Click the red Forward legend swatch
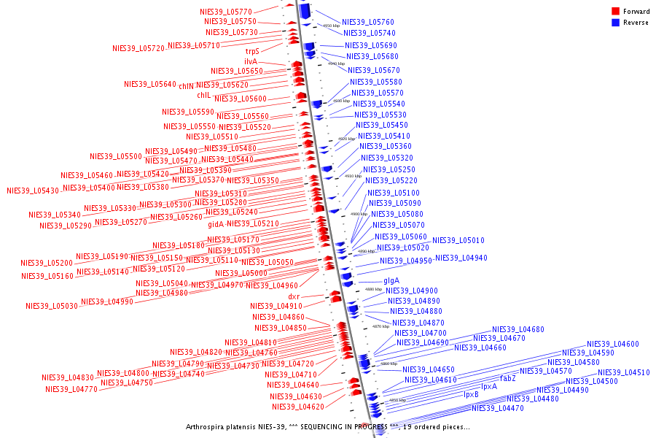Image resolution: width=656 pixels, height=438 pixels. click(x=616, y=12)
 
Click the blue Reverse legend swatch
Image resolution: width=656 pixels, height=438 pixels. click(x=616, y=23)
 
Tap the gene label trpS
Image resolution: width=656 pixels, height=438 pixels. click(x=252, y=51)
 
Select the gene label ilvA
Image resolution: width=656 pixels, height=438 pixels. click(x=251, y=61)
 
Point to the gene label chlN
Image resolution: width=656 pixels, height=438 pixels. click(x=186, y=85)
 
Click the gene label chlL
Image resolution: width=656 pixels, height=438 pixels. click(x=203, y=96)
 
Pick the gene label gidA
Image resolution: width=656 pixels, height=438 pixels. click(x=216, y=224)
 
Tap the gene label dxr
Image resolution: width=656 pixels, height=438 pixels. click(x=294, y=296)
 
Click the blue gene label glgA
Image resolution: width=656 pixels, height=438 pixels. click(x=391, y=280)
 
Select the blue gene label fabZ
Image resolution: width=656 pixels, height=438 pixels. click(x=508, y=378)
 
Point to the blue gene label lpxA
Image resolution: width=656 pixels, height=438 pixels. click(x=489, y=386)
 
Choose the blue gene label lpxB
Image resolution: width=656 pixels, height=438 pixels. click(x=472, y=395)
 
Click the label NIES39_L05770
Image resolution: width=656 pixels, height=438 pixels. click(x=226, y=12)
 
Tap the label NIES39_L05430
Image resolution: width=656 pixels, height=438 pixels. click(x=33, y=191)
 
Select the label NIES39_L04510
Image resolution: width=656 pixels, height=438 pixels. click(x=624, y=372)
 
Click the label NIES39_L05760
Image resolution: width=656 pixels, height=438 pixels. click(x=368, y=22)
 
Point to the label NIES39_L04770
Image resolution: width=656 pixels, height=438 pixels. click(x=71, y=389)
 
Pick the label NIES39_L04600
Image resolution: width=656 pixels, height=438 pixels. click(x=613, y=344)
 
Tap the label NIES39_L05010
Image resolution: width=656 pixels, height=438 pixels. click(x=458, y=240)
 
